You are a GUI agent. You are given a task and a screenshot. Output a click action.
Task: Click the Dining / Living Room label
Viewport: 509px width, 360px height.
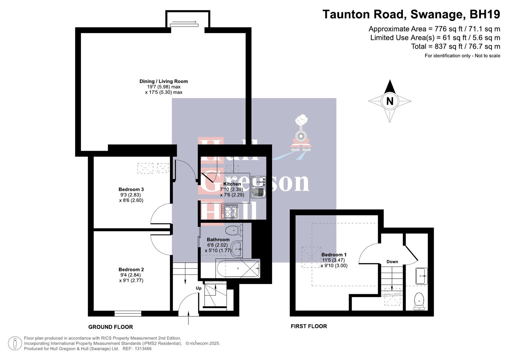(163, 81)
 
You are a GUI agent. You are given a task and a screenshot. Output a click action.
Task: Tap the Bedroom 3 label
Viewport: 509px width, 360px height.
(131, 189)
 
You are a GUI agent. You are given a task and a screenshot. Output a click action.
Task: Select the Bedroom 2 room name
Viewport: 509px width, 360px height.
(131, 269)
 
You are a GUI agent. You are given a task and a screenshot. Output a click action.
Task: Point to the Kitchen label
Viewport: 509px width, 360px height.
(232, 184)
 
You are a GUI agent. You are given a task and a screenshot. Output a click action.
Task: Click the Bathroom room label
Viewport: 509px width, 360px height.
(218, 239)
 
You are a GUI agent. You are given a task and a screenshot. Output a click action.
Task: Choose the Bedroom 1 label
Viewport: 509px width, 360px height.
(334, 255)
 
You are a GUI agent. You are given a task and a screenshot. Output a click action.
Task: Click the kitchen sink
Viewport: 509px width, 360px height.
(258, 182)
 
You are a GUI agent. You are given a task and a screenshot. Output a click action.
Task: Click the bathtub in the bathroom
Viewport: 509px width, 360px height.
(237, 268)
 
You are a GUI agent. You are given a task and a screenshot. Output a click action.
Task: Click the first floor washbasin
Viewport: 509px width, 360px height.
(421, 276)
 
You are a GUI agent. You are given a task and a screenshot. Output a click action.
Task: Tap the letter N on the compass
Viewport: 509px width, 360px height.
(389, 101)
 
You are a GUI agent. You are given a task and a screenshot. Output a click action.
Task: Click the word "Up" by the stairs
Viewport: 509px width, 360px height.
(199, 288)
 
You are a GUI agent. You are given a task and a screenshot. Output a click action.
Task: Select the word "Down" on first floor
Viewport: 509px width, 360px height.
(392, 262)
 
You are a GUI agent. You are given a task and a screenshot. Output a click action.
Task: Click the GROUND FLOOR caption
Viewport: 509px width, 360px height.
(110, 327)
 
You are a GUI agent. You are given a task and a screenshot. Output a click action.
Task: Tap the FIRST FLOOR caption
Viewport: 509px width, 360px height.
(309, 326)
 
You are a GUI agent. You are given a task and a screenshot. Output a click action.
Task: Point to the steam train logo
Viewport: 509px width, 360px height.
(301, 135)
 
